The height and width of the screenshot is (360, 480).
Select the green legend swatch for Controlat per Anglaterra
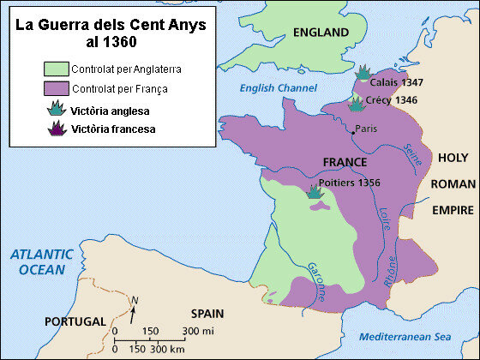(x=56, y=68)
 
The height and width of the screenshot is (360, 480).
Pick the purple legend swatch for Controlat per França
(x=56, y=87)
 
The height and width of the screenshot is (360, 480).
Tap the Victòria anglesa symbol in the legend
(x=57, y=108)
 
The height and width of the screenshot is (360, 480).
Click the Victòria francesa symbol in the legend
(x=57, y=129)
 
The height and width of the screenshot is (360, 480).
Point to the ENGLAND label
(x=321, y=33)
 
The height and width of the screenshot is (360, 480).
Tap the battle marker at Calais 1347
(x=363, y=72)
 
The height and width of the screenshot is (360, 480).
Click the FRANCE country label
(x=345, y=162)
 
